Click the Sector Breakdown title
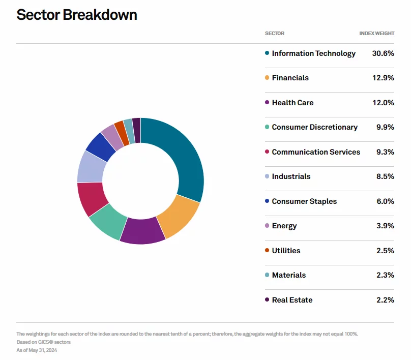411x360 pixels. (x=77, y=15)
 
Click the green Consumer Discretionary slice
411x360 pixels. (x=107, y=221)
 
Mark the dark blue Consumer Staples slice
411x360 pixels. (x=100, y=145)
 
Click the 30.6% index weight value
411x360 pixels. (x=383, y=53)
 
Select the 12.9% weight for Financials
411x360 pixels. (x=383, y=78)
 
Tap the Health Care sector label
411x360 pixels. (x=292, y=103)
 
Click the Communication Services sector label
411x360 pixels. (x=316, y=152)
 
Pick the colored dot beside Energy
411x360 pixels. (x=267, y=226)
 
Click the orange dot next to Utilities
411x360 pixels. (x=267, y=250)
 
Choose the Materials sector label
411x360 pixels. (x=289, y=275)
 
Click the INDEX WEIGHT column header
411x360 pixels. (x=376, y=34)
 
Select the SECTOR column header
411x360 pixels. (x=275, y=34)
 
